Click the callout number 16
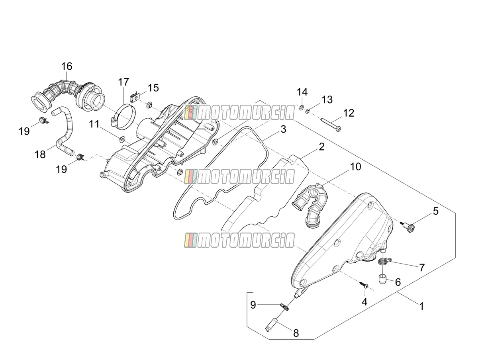point(67,66)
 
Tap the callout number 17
point(123,82)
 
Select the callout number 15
point(153,88)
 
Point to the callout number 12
point(349,113)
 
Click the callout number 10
point(356,167)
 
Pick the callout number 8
point(296,333)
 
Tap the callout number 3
point(283,129)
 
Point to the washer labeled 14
point(302,107)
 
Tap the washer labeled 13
point(308,111)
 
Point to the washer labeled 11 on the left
point(122,139)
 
